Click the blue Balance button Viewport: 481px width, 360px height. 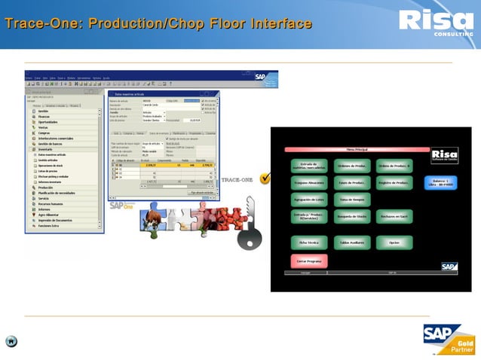click(440, 182)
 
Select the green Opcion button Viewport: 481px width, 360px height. click(394, 243)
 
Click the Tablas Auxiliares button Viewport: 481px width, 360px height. click(351, 243)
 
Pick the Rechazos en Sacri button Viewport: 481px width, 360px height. click(394, 217)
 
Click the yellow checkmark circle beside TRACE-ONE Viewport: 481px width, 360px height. click(265, 178)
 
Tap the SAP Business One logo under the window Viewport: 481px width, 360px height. click(121, 205)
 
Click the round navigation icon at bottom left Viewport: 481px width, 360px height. click(11, 341)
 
